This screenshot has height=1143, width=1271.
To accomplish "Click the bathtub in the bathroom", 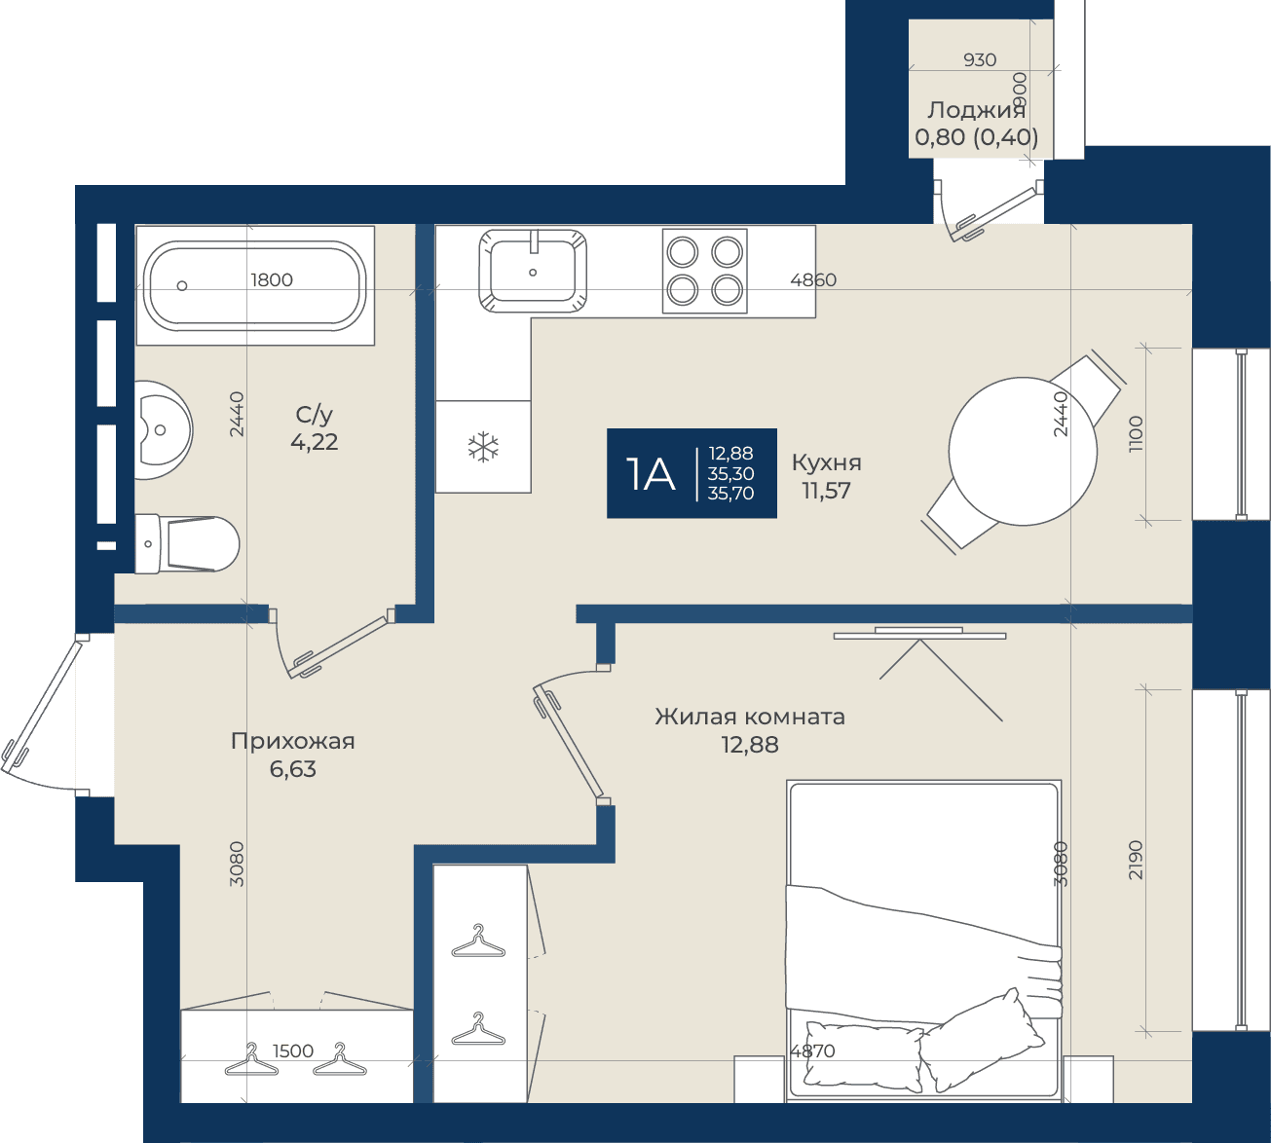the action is (255, 285).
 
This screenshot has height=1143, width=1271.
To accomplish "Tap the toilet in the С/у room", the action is (188, 543).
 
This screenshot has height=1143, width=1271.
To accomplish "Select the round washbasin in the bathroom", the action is (163, 430).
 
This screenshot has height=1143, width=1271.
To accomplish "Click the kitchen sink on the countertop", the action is (533, 272).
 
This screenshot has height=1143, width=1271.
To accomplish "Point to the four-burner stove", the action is (704, 272).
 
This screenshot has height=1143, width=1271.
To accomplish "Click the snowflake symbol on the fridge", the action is (483, 447).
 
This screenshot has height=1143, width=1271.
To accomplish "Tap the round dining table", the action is (1023, 451).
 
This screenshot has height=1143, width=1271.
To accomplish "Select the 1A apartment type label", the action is (651, 474).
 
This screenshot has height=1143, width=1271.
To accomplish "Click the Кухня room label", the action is (827, 462).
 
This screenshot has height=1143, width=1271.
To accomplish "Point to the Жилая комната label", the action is (750, 717).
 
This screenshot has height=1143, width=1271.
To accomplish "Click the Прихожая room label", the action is (293, 741).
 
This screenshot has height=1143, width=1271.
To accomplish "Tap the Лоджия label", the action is (976, 110).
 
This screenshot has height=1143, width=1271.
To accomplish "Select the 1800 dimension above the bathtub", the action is (272, 279).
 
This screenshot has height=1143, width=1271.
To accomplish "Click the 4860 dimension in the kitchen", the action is (813, 279).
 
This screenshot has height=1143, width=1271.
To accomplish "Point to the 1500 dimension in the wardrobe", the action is (293, 1051).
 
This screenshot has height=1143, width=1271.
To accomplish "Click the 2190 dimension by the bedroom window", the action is (1136, 860).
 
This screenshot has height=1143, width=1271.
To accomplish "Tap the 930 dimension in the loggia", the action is (980, 59).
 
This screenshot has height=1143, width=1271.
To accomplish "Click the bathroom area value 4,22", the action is (315, 442).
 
